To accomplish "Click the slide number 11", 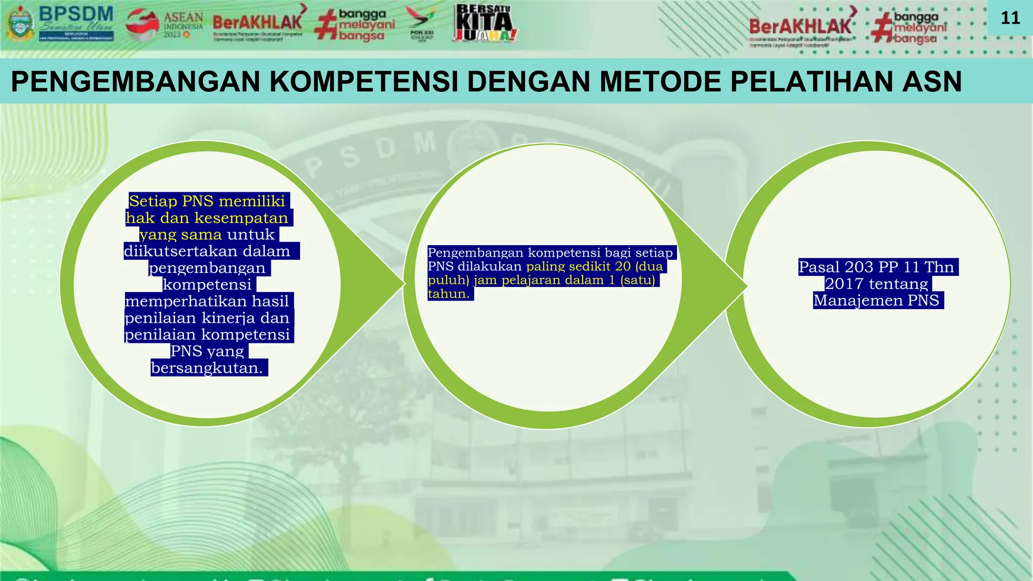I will (x=1010, y=18).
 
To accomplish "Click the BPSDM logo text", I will (x=76, y=15).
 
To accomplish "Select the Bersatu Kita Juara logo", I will (x=485, y=23).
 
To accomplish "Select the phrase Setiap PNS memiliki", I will (x=207, y=201).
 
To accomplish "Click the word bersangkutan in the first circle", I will (x=206, y=368).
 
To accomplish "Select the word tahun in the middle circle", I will (x=446, y=294).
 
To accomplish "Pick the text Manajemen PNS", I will (x=876, y=300).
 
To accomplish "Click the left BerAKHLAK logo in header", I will (x=257, y=23).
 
